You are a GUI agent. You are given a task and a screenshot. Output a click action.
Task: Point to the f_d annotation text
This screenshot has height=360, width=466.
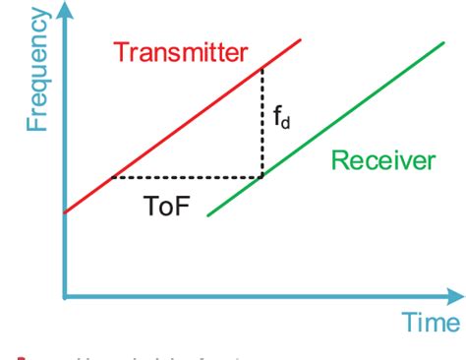pos(282,122)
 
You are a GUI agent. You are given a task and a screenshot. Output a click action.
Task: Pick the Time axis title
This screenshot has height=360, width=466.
pos(430,322)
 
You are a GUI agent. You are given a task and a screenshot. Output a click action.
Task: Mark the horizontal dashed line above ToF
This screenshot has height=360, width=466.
pos(187,178)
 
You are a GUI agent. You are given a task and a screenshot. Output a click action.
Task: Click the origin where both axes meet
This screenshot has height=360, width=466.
pos(65,294)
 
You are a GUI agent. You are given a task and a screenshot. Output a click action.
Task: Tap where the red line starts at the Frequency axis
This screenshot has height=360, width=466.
pos(66,211)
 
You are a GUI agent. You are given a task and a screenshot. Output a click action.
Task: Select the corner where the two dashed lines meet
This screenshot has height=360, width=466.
pos(262,178)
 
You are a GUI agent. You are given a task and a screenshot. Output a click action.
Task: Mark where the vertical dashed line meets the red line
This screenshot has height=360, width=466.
pos(262,67)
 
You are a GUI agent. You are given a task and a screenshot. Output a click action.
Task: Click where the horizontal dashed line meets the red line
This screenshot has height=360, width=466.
pos(114,178)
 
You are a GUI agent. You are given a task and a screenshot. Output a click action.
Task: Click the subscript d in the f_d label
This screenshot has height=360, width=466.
pos(287,126)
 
